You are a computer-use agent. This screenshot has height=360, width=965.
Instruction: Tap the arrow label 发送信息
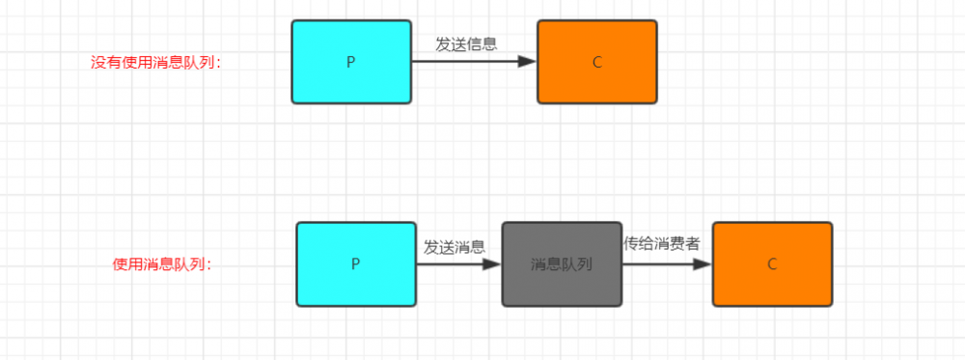[x=466, y=43]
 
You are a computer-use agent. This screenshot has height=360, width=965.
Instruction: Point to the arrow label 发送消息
[x=455, y=246]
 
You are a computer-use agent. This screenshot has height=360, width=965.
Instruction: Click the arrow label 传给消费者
[x=661, y=243]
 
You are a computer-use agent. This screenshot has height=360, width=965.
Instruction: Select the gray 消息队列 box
[x=561, y=263]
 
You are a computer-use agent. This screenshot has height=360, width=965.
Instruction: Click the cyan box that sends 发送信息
[x=351, y=62]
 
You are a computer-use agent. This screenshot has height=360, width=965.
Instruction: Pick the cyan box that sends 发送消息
[x=356, y=263]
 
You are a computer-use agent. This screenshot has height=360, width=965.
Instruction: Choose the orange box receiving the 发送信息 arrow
[x=596, y=62]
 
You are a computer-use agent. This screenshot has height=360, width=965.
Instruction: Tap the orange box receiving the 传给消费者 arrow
[x=772, y=263]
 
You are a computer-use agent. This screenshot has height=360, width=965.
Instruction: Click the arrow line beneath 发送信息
[x=463, y=62]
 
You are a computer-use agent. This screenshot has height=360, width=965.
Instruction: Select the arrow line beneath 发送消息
[x=449, y=263]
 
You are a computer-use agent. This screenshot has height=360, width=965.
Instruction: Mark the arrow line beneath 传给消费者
[x=656, y=263]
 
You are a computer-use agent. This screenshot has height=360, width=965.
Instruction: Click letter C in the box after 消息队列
[x=772, y=263]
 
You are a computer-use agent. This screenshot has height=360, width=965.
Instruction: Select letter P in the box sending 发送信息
[x=351, y=62]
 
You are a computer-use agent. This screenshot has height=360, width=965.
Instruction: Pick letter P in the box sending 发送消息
[x=356, y=263]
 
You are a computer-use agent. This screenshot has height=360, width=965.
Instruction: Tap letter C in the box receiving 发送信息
[x=596, y=62]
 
